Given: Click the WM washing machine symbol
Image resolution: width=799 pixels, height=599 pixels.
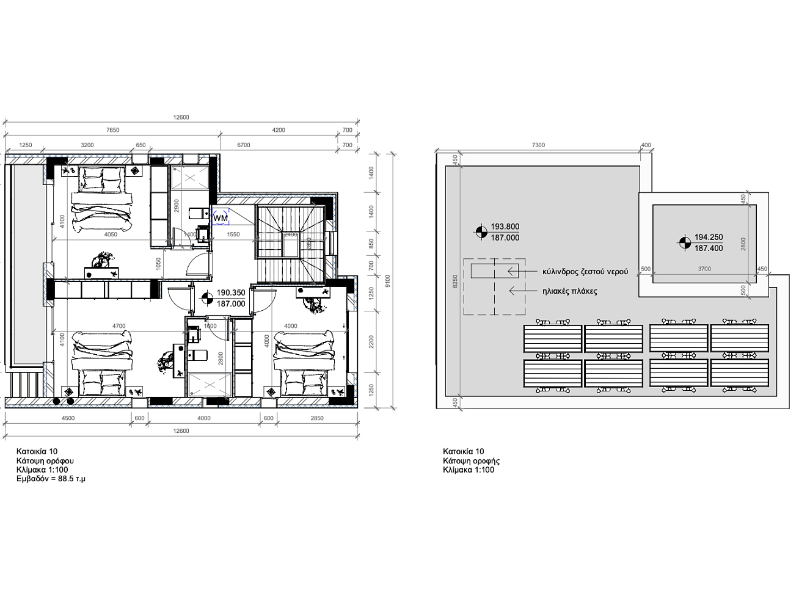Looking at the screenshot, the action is click(x=221, y=217).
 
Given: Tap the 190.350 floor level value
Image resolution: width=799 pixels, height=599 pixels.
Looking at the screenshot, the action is click(x=231, y=292).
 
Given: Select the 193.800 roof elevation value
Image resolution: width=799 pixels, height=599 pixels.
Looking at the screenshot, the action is click(x=505, y=226).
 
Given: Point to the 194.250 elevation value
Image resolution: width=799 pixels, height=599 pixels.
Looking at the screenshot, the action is click(x=709, y=237).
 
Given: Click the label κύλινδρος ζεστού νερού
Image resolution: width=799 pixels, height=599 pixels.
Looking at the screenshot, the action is click(x=585, y=271).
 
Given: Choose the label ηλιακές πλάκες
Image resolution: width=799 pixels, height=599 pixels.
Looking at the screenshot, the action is click(x=570, y=291).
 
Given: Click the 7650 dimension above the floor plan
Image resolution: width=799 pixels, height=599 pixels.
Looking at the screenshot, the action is click(x=112, y=130).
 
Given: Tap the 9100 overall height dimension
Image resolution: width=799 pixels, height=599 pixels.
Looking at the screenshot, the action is click(x=387, y=281).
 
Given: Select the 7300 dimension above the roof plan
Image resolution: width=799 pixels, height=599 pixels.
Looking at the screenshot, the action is click(x=538, y=145).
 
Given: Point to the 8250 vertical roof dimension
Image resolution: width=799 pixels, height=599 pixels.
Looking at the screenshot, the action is click(x=454, y=281).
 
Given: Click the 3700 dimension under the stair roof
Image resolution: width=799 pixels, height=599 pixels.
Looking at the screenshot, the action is click(x=704, y=269).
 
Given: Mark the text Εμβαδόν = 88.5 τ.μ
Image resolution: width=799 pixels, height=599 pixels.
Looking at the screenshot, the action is click(x=51, y=479).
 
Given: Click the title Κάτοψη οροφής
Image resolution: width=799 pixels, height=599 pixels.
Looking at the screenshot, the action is click(x=471, y=461).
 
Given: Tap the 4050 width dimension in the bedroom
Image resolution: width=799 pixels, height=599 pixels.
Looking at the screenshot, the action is click(x=111, y=234).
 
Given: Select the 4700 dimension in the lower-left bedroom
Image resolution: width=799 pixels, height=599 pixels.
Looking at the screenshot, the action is click(x=119, y=326).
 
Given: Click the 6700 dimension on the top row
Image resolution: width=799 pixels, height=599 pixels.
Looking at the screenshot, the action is click(x=244, y=145).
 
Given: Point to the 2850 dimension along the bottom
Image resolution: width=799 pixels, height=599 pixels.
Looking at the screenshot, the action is click(x=316, y=418).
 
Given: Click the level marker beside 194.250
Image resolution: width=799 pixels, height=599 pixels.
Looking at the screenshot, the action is click(x=685, y=242).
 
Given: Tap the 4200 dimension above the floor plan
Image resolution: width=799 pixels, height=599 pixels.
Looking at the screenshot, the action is click(x=279, y=130).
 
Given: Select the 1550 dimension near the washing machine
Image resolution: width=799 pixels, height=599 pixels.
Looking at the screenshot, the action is click(x=233, y=234).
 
